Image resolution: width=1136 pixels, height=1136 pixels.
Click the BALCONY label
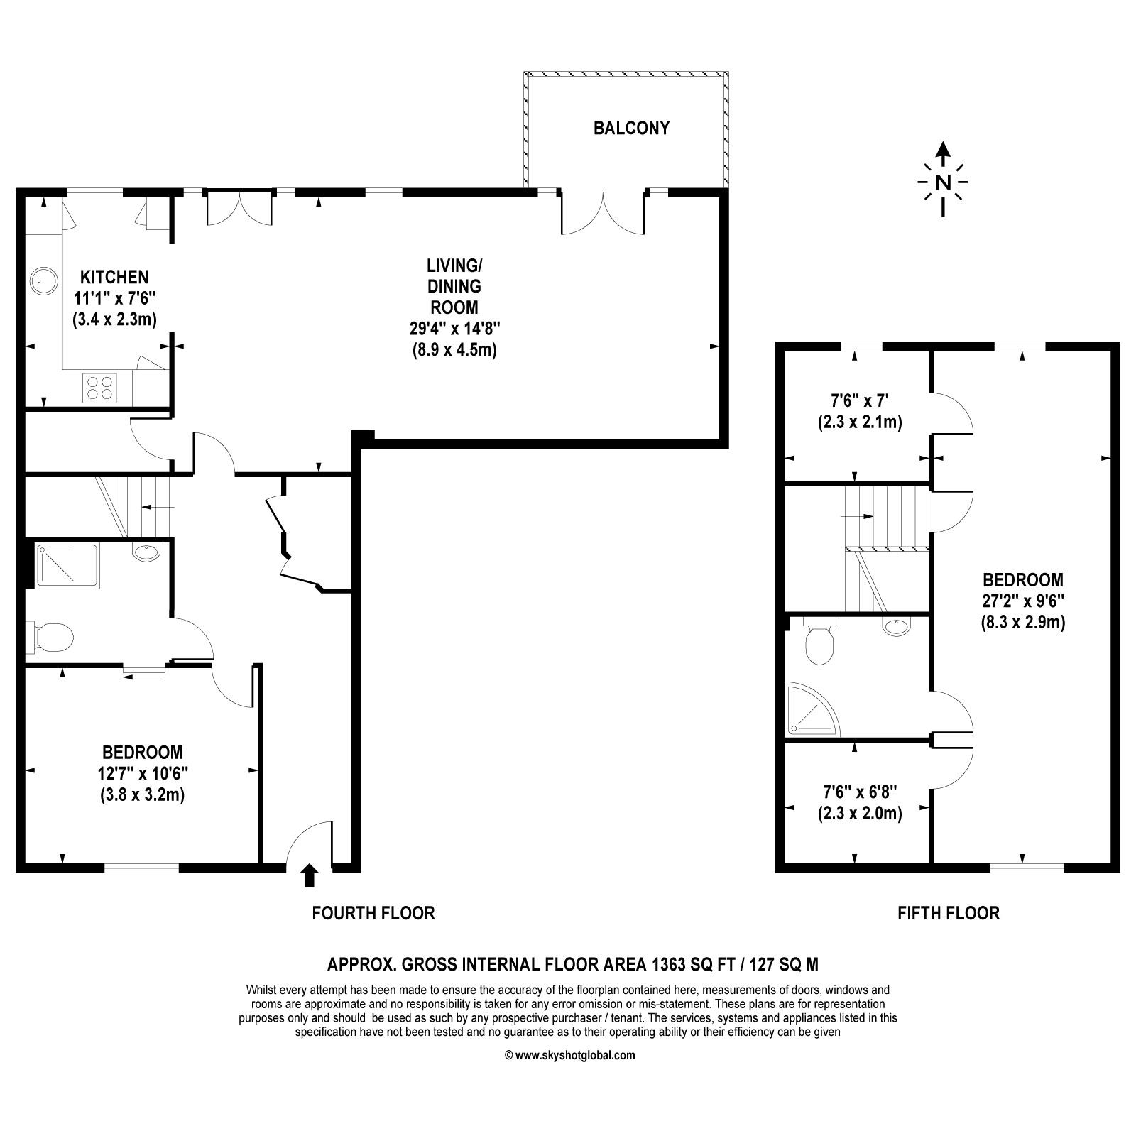pyautogui.click(x=631, y=129)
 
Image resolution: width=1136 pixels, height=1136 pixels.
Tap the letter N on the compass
pyautogui.click(x=942, y=182)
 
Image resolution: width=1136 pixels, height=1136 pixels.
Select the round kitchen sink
pyautogui.click(x=43, y=281)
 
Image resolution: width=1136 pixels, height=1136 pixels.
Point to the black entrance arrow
pyautogui.click(x=308, y=875)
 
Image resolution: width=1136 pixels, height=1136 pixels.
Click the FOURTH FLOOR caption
pyautogui.click(x=373, y=913)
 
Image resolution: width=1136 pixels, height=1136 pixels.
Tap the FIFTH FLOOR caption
pyautogui.click(x=949, y=913)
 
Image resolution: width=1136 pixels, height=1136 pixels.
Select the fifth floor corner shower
pyautogui.click(x=813, y=709)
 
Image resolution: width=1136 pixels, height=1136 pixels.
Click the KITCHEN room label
pyautogui.click(x=114, y=276)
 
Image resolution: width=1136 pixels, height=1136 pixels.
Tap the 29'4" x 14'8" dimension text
pyautogui.click(x=454, y=328)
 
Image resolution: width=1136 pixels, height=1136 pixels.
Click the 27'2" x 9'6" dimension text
pyautogui.click(x=1023, y=601)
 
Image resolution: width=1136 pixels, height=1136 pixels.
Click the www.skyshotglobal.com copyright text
pyautogui.click(x=569, y=1055)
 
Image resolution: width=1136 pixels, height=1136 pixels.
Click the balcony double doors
pyautogui.click(x=603, y=212)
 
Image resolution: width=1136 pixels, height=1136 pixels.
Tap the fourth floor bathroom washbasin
pyautogui.click(x=146, y=552)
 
